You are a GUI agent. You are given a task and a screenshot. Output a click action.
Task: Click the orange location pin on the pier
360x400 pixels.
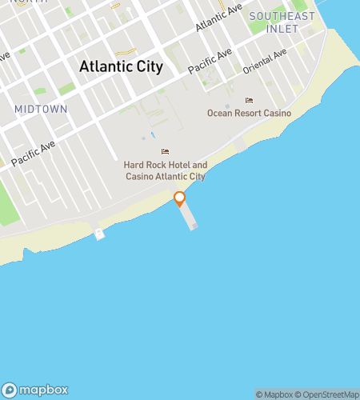click(x=180, y=198)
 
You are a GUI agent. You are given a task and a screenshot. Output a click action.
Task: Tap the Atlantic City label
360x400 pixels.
click(x=121, y=67)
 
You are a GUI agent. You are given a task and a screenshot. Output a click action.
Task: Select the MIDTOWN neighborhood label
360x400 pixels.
click(x=40, y=108)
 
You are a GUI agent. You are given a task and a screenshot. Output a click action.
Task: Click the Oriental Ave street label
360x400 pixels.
click(x=264, y=63)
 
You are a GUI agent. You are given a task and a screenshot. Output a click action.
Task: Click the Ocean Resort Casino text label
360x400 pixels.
click(x=249, y=114)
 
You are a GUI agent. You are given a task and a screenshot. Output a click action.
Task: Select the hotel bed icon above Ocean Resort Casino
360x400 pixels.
click(x=249, y=101)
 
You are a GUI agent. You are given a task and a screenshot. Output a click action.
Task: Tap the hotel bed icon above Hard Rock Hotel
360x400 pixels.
click(x=165, y=152)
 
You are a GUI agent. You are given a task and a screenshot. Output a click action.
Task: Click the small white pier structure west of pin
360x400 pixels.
click(x=99, y=234)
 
